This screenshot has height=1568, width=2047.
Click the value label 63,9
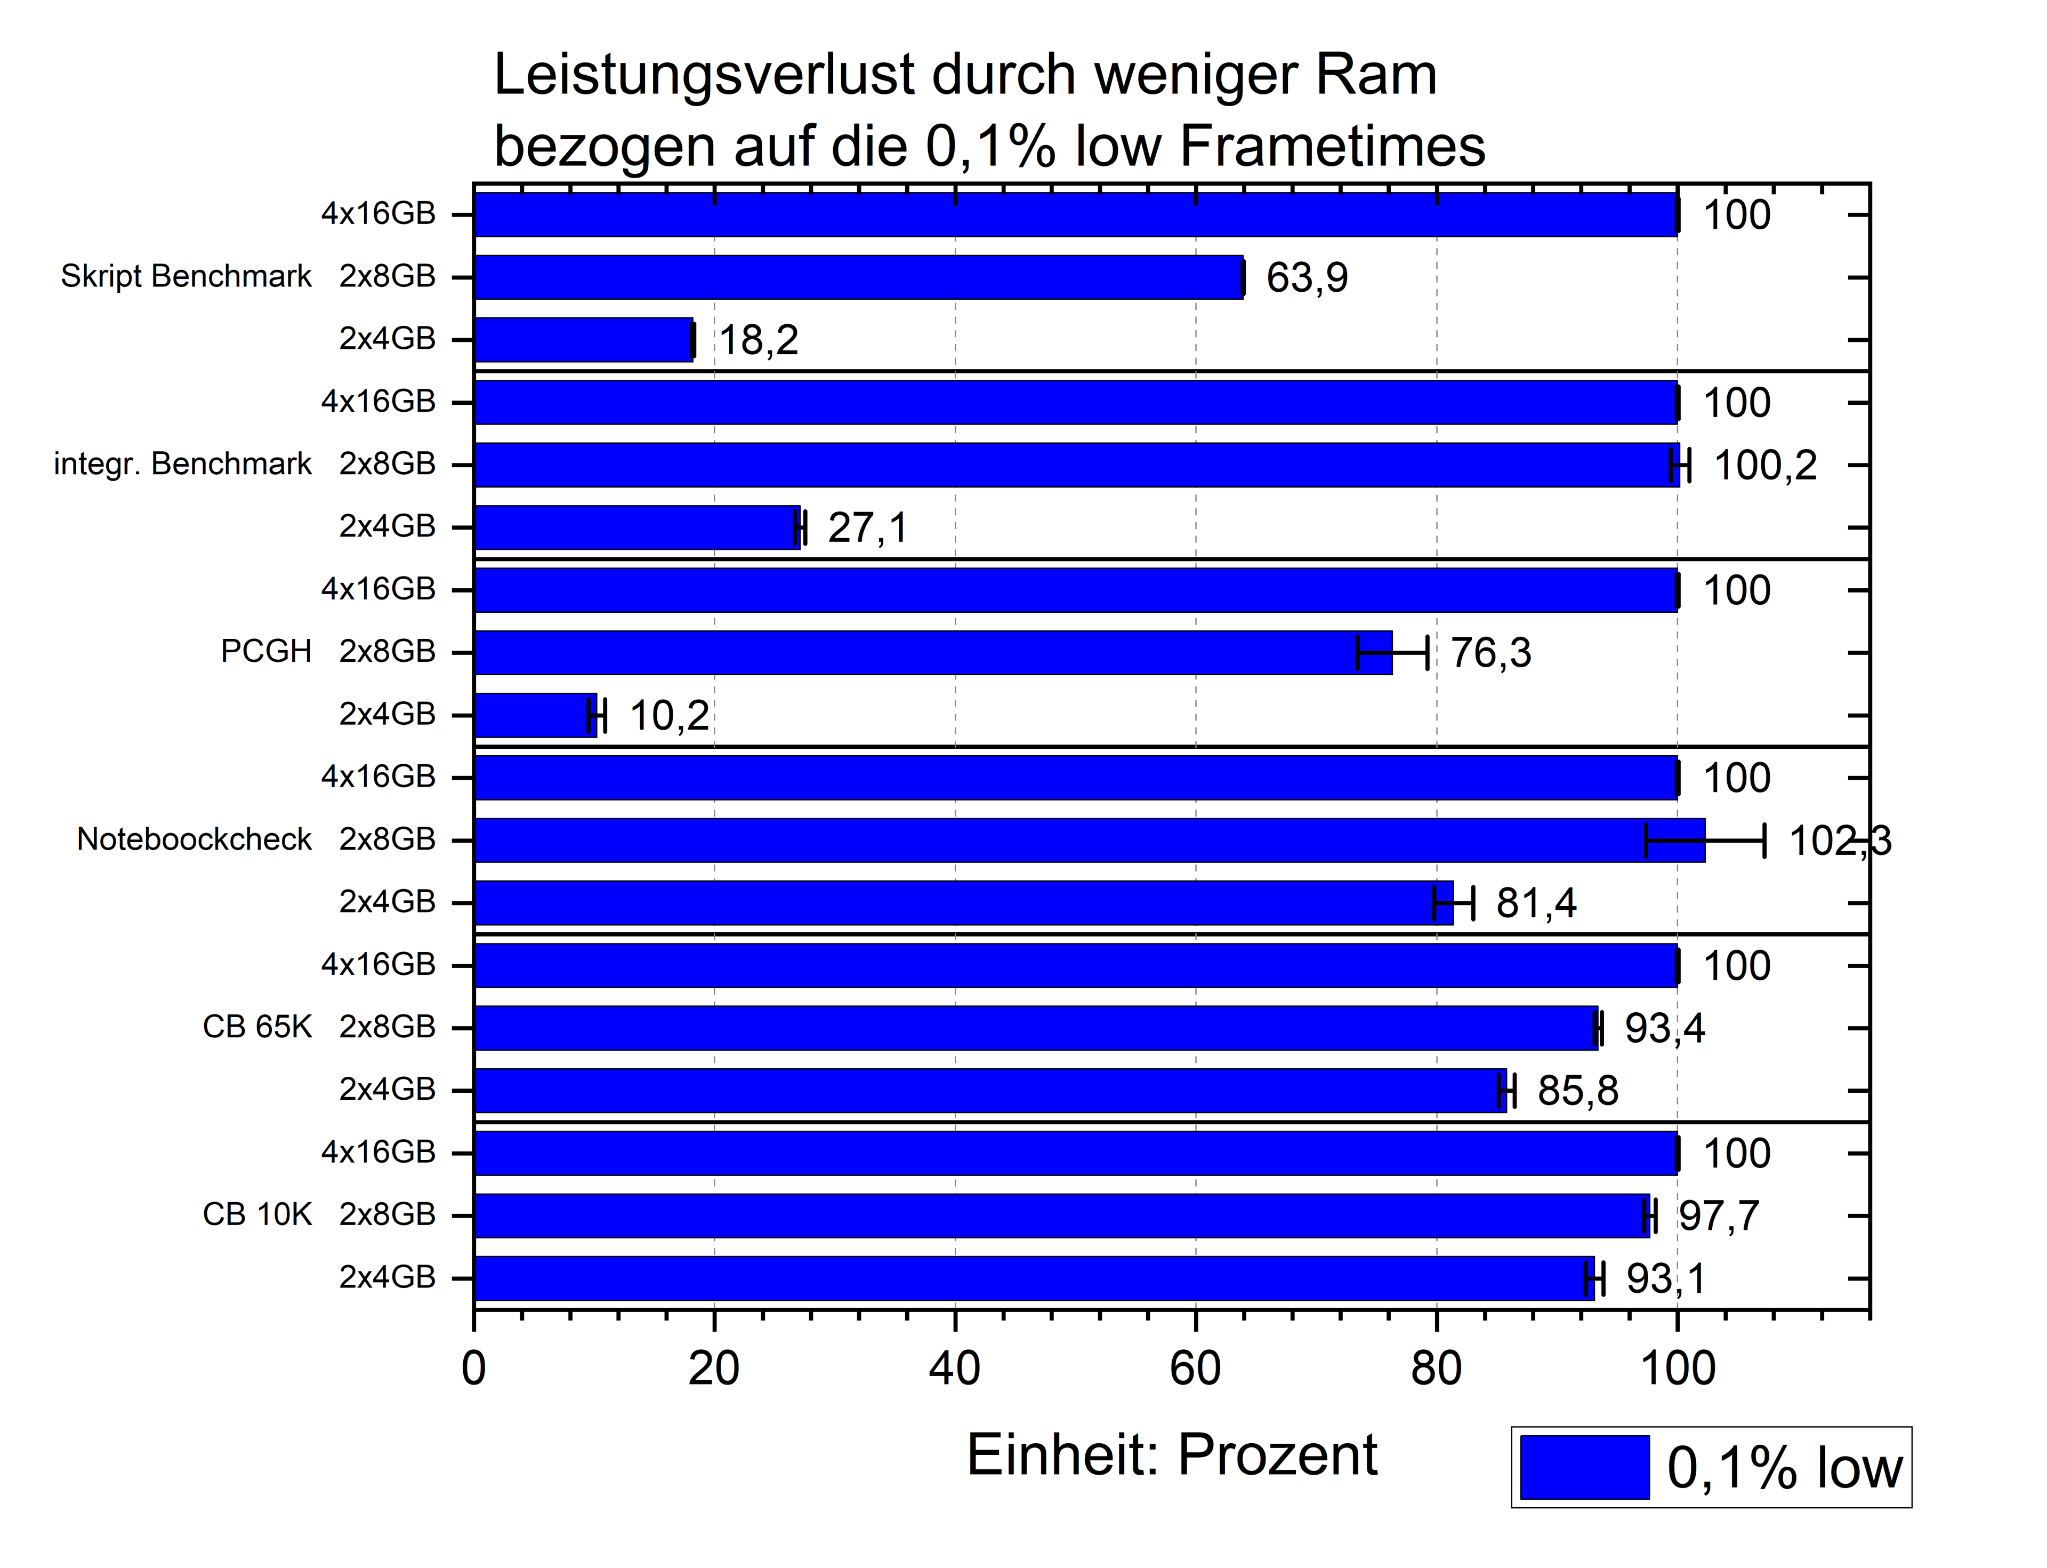(x=1306, y=278)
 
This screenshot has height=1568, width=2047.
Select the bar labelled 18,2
(x=583, y=340)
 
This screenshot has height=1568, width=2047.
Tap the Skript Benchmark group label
(x=186, y=276)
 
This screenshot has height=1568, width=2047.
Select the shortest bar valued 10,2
(x=535, y=715)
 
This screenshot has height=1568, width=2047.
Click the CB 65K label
(x=256, y=1027)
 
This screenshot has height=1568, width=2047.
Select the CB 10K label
(x=256, y=1214)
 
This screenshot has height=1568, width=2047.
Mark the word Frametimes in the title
(x=1332, y=147)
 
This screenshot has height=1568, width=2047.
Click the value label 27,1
(x=867, y=528)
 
